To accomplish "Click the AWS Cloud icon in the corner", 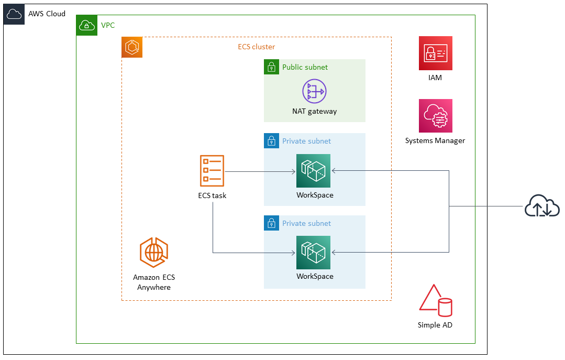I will click(x=14, y=14).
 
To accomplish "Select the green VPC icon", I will click(x=87, y=25).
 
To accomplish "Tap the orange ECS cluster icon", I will click(x=132, y=47).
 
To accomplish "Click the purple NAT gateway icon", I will click(x=314, y=91).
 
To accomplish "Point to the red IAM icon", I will click(x=435, y=53).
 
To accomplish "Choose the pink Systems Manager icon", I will click(x=435, y=116).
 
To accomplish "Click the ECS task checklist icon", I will click(x=212, y=171).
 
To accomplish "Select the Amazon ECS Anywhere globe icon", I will click(x=154, y=253).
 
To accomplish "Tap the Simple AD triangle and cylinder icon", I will click(x=435, y=301).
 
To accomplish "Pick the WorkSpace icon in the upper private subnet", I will click(x=313, y=171).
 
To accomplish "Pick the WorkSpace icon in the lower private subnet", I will click(x=313, y=253).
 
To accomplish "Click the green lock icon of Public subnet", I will click(x=271, y=67).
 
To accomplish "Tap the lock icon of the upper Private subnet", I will click(x=271, y=141).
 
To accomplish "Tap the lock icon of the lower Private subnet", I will click(x=271, y=223).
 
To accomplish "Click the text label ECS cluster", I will click(x=256, y=47).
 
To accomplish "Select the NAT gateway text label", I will click(x=314, y=111).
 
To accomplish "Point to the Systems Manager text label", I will click(x=435, y=140).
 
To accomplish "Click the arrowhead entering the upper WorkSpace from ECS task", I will click(x=293, y=171).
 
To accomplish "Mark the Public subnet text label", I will click(x=305, y=67).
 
